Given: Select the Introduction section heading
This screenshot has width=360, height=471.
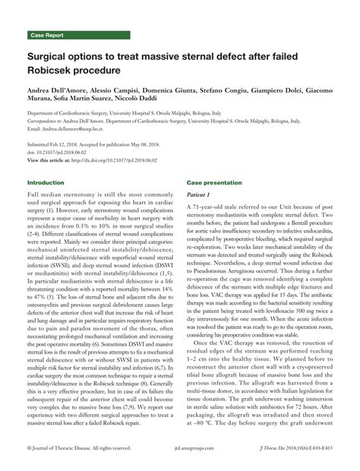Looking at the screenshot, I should (46, 183).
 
